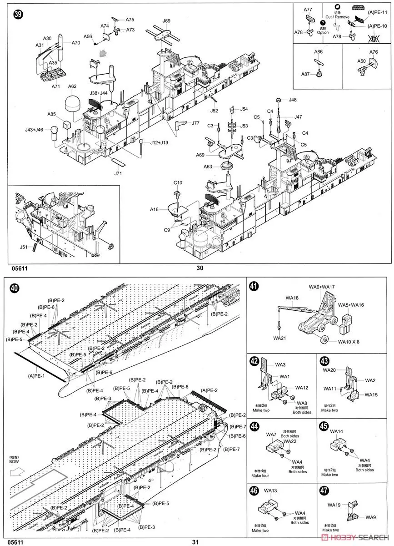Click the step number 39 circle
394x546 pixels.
[x=18, y=14]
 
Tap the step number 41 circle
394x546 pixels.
[x=254, y=286]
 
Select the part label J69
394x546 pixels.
[x=166, y=21]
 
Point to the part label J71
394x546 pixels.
[x=118, y=173]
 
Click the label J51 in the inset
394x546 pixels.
[x=24, y=247]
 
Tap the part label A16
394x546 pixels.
[x=155, y=209]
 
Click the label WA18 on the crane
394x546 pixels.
[x=292, y=298]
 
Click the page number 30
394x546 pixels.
[x=200, y=268]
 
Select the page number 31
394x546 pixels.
[x=196, y=542]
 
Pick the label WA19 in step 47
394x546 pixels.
[x=334, y=505]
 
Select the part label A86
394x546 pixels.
[x=318, y=52]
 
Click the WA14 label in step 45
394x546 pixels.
[x=337, y=431]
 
